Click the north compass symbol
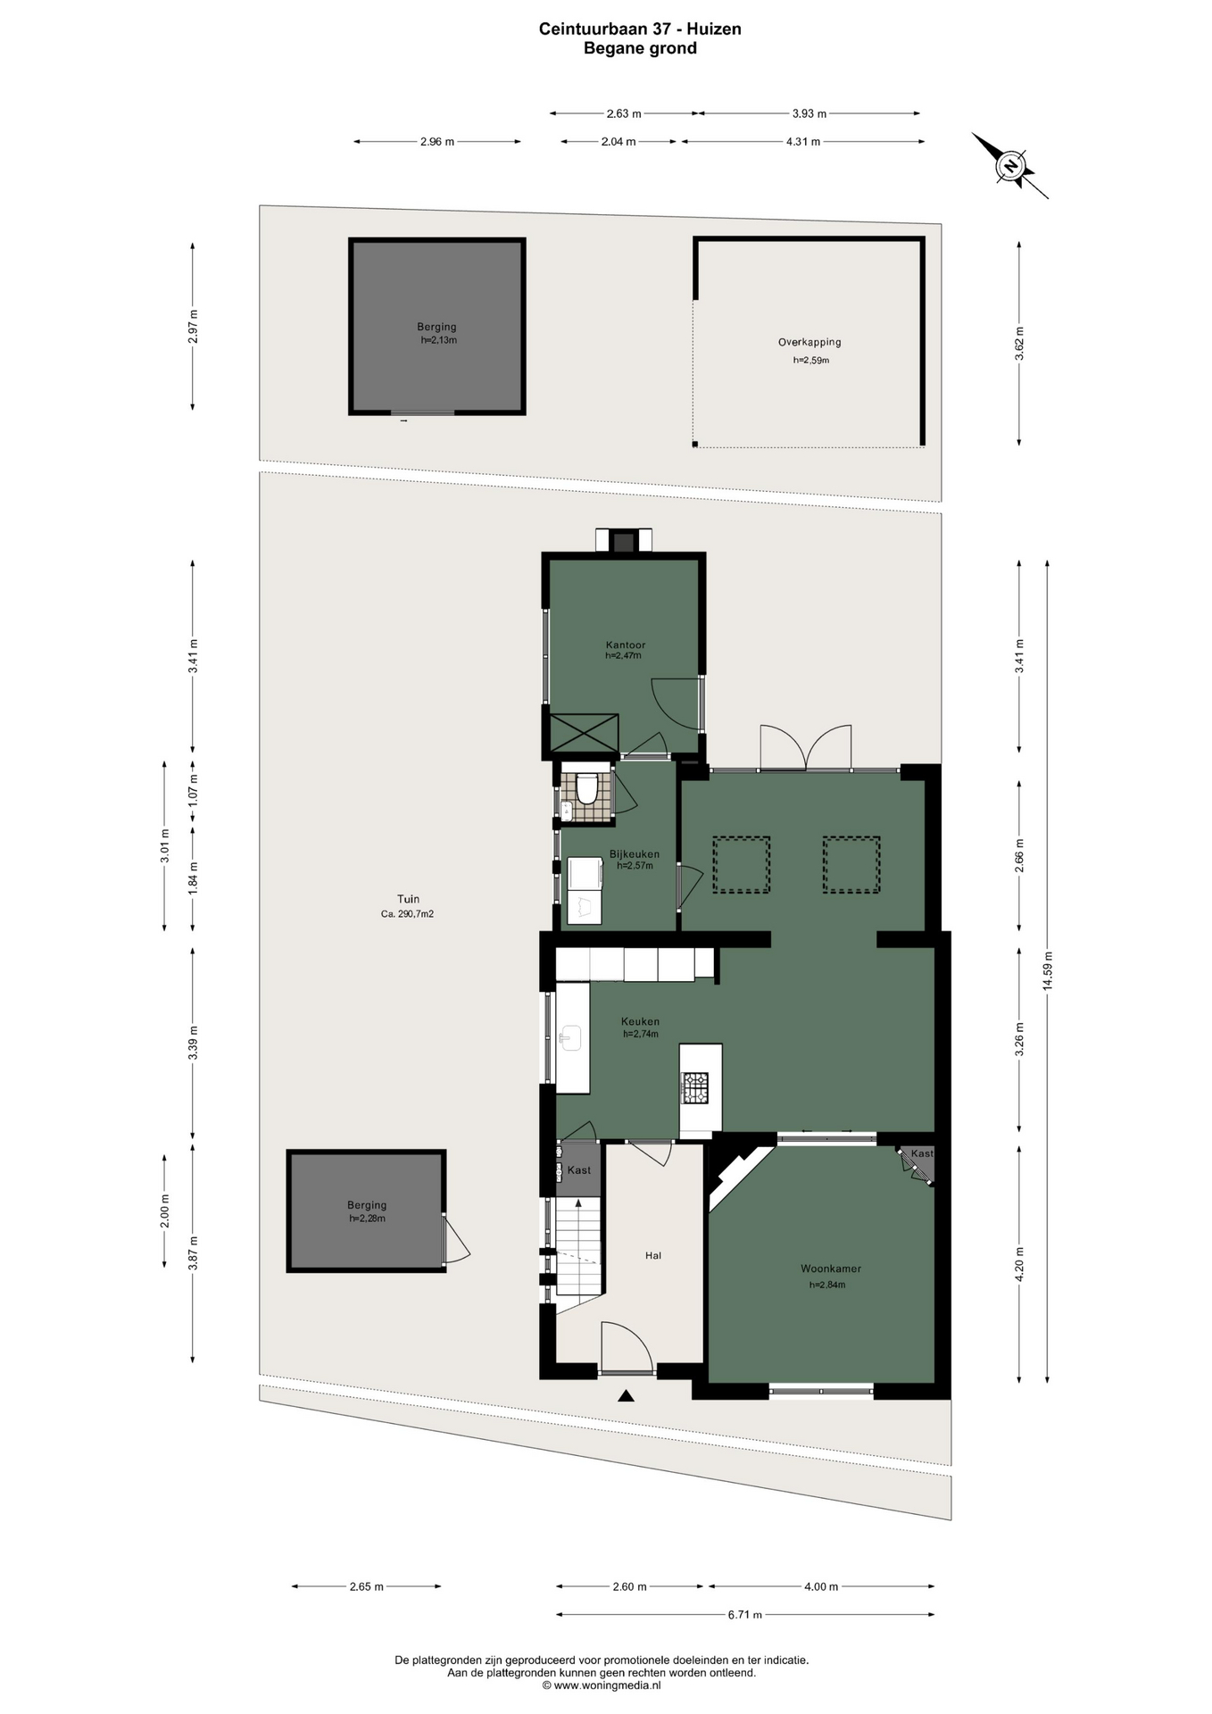[1010, 166]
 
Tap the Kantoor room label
[625, 645]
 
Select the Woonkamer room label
[830, 1269]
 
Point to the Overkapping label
[809, 342]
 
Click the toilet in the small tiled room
[586, 789]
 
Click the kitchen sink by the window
[570, 1037]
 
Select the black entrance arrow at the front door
[627, 1396]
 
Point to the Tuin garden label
[408, 899]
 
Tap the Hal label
[653, 1255]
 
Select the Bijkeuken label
[635, 853]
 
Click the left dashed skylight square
[741, 864]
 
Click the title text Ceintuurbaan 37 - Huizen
[640, 29]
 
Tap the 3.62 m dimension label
[1020, 344]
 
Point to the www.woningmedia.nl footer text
[602, 1685]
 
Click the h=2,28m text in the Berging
[367, 1218]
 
